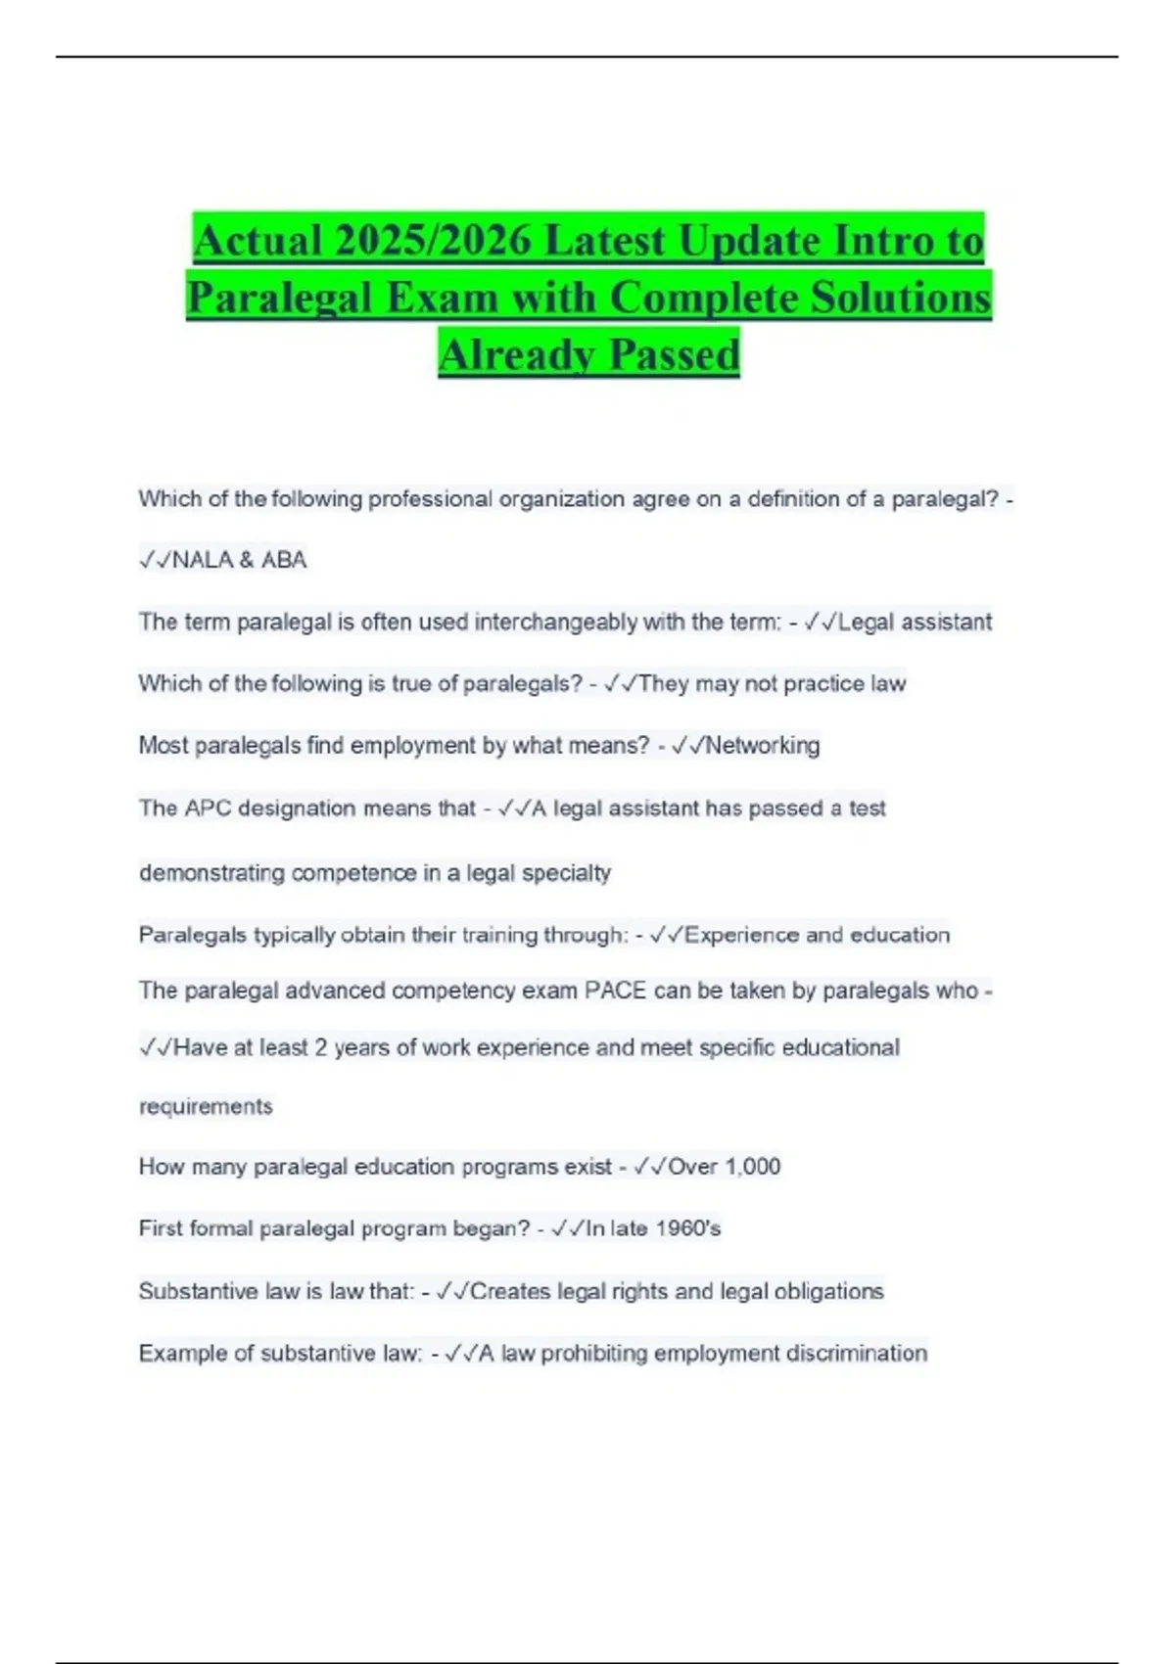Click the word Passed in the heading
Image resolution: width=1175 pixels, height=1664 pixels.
point(675,354)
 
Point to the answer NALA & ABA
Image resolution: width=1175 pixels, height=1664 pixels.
point(239,560)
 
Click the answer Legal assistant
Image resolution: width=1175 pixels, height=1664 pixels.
point(915,623)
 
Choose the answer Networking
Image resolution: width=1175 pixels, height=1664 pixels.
point(762,746)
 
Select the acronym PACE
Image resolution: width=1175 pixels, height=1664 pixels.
point(615,991)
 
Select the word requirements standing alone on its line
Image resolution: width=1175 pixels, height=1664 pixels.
point(206,1107)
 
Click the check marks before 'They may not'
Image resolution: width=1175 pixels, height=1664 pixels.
point(621,684)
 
